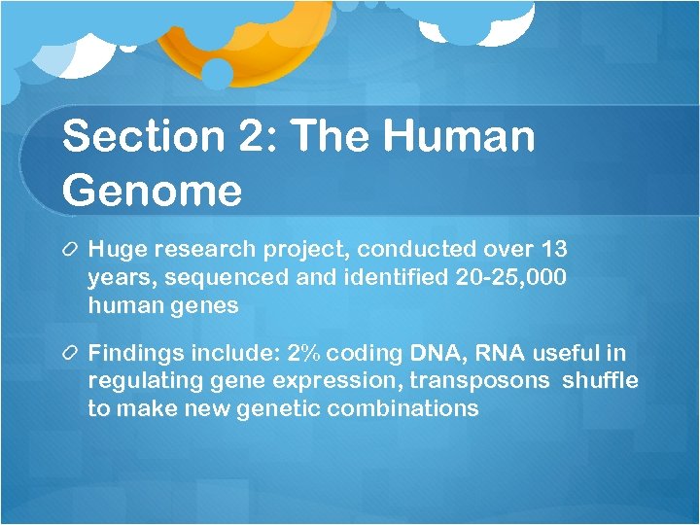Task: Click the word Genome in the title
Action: tap(152, 191)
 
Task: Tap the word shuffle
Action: tap(600, 380)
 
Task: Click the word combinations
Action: tap(402, 407)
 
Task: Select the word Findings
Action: tap(130, 353)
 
